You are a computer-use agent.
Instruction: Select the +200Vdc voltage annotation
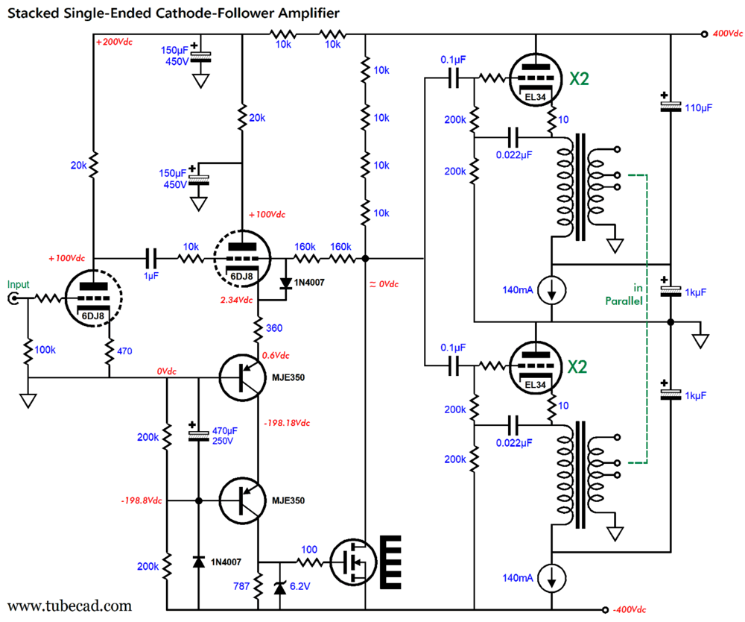114,42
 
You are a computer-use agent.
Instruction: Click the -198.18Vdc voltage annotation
287,422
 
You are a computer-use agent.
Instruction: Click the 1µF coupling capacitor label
152,275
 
